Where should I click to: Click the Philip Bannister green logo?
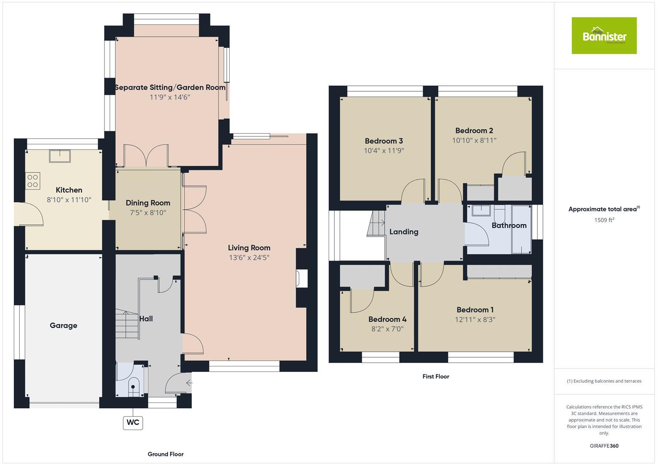604,36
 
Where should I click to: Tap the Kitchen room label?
69,190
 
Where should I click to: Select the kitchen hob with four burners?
33,180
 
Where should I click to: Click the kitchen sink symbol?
60,156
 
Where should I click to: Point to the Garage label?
64,325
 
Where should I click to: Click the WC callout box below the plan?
133,422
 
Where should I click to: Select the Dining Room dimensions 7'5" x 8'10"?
148,213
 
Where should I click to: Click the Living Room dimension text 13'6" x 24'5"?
249,257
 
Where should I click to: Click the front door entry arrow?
189,382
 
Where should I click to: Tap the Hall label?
146,319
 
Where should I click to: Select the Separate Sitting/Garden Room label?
170,87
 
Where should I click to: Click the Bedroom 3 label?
384,141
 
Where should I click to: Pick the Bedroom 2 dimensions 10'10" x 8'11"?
474,140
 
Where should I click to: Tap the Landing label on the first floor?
404,232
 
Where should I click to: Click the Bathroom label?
509,225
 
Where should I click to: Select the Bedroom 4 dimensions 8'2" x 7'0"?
387,329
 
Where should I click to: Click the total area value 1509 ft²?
604,220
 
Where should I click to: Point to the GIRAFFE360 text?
604,446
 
